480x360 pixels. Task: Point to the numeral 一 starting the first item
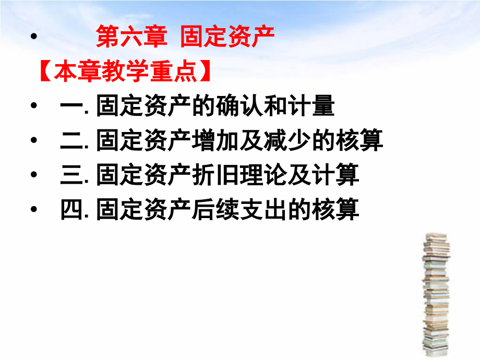pyautogui.click(x=69, y=107)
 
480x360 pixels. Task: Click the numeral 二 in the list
pyautogui.click(x=69, y=141)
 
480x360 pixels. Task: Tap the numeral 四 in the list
pyautogui.click(x=69, y=210)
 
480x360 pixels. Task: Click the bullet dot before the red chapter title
pyautogui.click(x=34, y=38)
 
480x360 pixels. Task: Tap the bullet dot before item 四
pyautogui.click(x=34, y=210)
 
